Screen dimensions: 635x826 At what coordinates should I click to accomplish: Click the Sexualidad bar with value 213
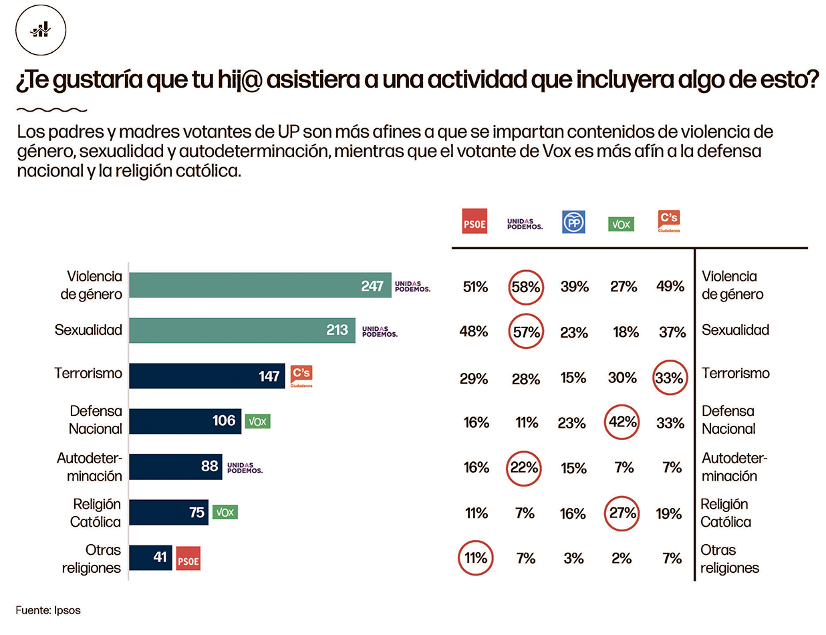pyautogui.click(x=241, y=330)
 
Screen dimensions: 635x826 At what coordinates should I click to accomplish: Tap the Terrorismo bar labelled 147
pyautogui.click(x=207, y=376)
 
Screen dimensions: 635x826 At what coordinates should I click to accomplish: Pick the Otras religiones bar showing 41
pyautogui.click(x=150, y=557)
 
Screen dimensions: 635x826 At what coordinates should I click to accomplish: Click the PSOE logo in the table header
pyautogui.click(x=474, y=222)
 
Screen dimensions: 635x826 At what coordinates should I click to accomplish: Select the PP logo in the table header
pyautogui.click(x=573, y=222)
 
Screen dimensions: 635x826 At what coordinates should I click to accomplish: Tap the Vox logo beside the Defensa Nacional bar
pyautogui.click(x=257, y=421)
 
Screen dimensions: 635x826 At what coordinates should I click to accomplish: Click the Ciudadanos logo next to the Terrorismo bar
pyautogui.click(x=301, y=376)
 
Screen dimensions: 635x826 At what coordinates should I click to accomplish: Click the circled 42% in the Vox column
pyautogui.click(x=622, y=422)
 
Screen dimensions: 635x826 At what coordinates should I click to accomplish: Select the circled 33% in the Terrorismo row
pyautogui.click(x=670, y=378)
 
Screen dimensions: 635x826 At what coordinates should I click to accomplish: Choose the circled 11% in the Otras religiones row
pyautogui.click(x=476, y=557)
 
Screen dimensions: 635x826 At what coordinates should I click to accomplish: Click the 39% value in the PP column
pyautogui.click(x=574, y=287)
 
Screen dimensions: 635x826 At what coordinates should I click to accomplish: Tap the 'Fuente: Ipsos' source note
pyautogui.click(x=48, y=610)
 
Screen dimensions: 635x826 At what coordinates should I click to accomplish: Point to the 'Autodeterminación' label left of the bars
pyautogui.click(x=89, y=467)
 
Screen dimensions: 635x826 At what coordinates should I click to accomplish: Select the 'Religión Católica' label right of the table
pyautogui.click(x=725, y=513)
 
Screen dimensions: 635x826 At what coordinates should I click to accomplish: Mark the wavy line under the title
pyautogui.click(x=51, y=109)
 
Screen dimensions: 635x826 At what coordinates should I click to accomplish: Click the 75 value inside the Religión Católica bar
pyautogui.click(x=196, y=513)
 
